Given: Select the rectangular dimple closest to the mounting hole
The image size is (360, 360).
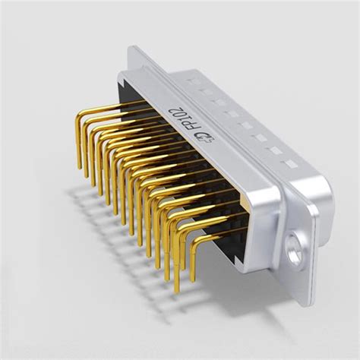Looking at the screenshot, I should pos(287,163).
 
